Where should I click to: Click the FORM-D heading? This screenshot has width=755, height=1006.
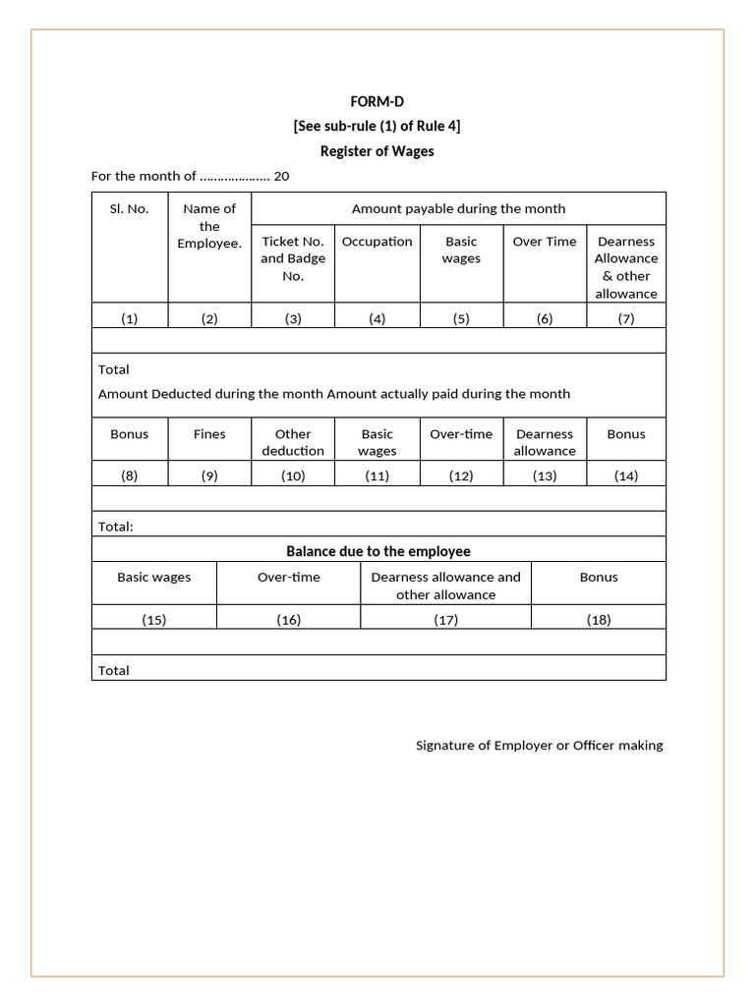click(377, 101)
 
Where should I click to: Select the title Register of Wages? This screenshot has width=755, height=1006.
click(377, 151)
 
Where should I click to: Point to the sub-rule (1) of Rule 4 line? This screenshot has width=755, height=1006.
click(377, 126)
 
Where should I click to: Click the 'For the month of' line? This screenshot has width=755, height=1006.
click(190, 176)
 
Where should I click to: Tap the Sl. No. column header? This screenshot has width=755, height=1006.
click(130, 208)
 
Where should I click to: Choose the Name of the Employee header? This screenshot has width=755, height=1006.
click(209, 226)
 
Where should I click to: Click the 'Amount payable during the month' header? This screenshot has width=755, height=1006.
click(458, 208)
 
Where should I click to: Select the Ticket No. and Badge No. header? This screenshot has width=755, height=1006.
click(293, 258)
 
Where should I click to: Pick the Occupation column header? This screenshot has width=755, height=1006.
click(377, 242)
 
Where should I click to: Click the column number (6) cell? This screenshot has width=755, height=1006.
click(545, 318)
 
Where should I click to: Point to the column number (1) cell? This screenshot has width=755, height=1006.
click(130, 318)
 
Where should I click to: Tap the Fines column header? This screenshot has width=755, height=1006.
click(209, 434)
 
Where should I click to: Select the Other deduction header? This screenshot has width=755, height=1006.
click(293, 442)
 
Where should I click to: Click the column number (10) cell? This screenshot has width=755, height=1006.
click(293, 475)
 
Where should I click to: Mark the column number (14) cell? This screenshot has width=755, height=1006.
click(626, 475)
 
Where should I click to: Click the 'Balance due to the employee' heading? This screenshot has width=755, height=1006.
click(378, 551)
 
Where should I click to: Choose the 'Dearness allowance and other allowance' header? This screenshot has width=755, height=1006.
click(445, 586)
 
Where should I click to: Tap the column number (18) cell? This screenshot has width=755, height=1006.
click(598, 619)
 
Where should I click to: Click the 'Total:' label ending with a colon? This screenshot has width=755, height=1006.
click(116, 527)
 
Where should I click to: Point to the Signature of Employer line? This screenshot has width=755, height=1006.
click(539, 746)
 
